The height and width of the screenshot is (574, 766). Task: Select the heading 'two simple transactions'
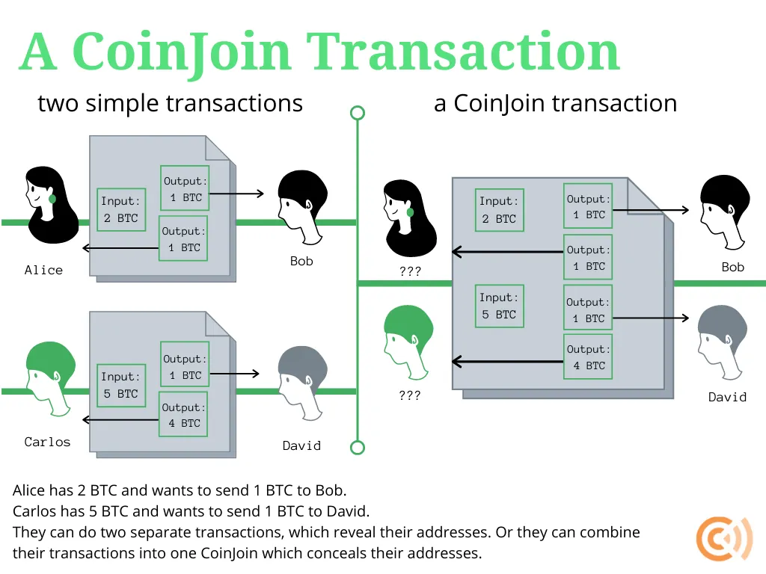click(x=170, y=103)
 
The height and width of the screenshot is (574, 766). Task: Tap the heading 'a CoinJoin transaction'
click(x=555, y=103)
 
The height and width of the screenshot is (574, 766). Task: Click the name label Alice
click(x=43, y=271)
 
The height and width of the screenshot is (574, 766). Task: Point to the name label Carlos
click(x=47, y=442)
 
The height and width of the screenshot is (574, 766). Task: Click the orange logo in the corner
click(x=724, y=539)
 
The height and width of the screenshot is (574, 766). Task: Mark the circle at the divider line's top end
click(x=358, y=113)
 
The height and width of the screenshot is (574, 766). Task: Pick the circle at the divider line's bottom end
click(x=358, y=448)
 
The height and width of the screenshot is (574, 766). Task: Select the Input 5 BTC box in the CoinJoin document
click(x=499, y=306)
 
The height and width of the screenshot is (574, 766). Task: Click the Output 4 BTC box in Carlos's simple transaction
click(x=183, y=416)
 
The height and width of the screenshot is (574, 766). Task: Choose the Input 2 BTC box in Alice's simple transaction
click(x=121, y=210)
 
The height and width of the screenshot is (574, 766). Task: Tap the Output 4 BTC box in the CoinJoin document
click(x=587, y=358)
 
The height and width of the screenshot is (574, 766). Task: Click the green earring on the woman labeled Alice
click(x=52, y=199)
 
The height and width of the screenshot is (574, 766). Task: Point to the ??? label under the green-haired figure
click(x=410, y=396)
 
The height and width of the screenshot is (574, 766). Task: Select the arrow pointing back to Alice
click(x=120, y=247)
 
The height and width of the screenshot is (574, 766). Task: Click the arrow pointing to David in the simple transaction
click(x=234, y=374)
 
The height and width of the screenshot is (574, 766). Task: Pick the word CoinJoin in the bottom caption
click(x=227, y=554)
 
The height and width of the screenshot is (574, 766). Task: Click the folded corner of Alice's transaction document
click(x=218, y=147)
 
